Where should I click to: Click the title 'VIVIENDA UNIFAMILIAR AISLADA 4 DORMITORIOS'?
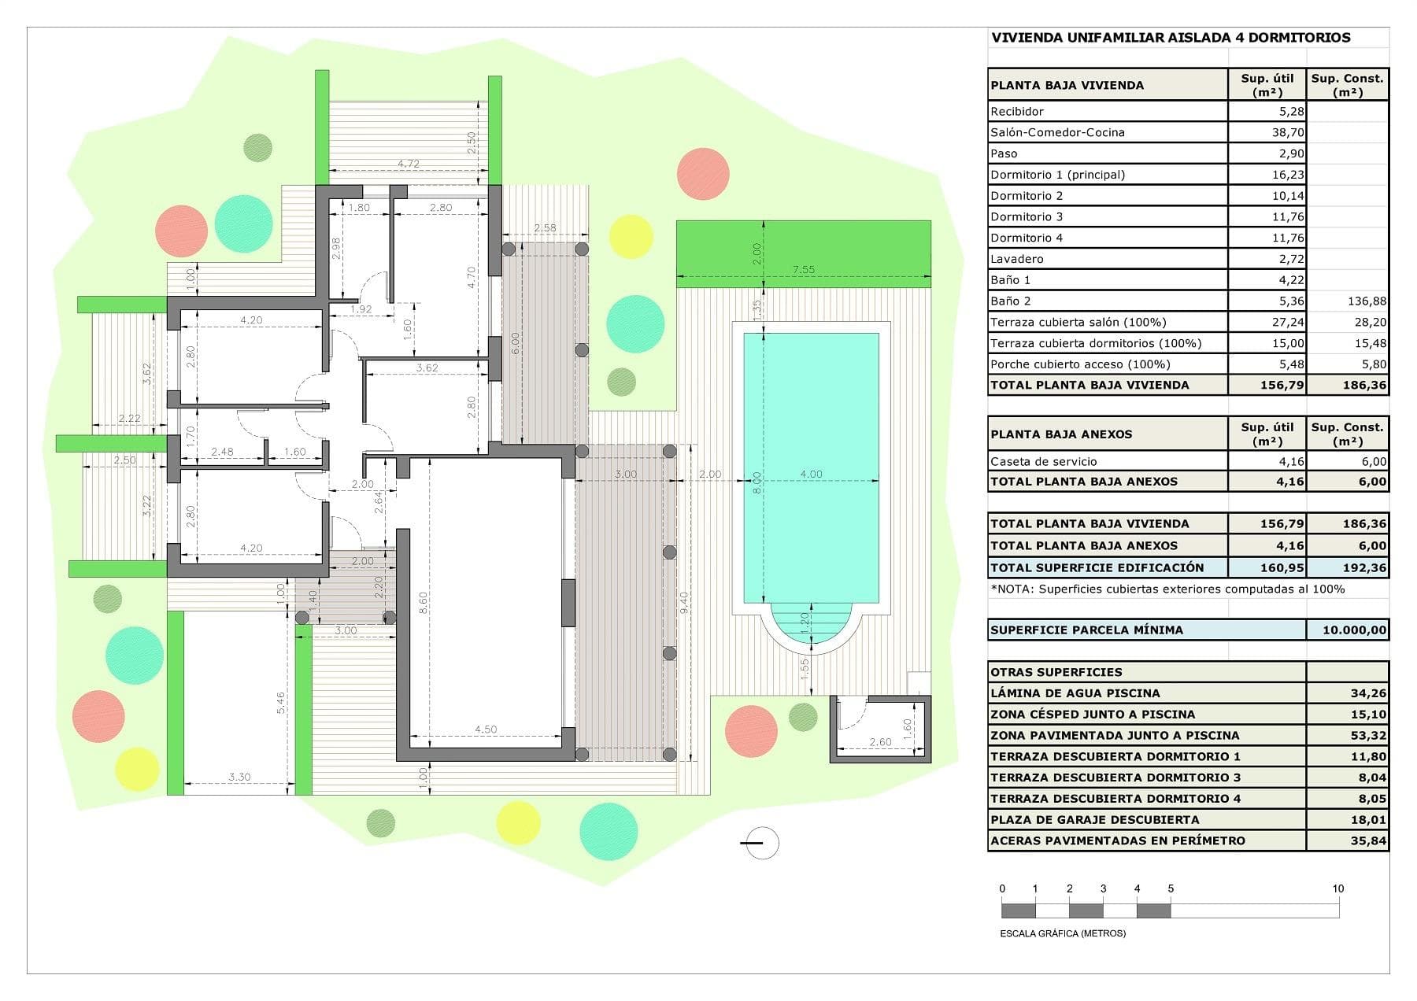pos(1170,38)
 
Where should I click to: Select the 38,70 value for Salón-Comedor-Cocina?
pos(1288,132)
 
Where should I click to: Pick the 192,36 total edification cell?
pos(1363,567)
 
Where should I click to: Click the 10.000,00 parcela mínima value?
pos(1354,630)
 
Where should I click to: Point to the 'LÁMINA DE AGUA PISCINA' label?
pos(1075,693)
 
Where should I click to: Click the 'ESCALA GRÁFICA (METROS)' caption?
pos(1062,933)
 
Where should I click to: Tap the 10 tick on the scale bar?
pos(1337,888)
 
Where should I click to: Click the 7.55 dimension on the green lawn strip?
pos(803,269)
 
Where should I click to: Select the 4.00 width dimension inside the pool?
pos(811,474)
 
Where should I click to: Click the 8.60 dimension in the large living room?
pos(423,602)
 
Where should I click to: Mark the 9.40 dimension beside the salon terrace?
pos(684,602)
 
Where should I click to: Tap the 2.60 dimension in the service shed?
pos(880,742)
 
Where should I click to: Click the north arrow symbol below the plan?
pos(760,843)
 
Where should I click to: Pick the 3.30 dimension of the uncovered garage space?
pos(239,777)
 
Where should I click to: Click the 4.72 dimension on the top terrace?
pos(408,164)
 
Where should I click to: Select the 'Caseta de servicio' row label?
pos(1043,461)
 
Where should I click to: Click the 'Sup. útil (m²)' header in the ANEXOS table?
pos(1267,434)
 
